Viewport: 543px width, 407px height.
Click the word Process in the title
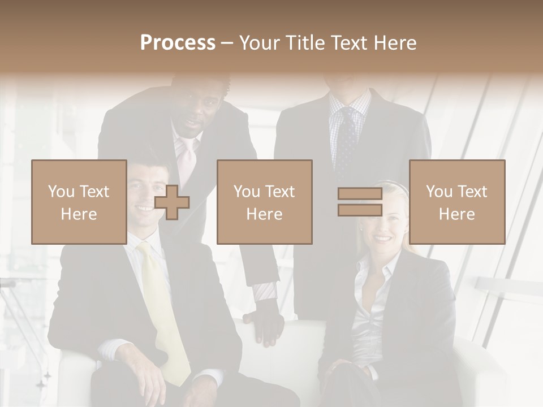178,43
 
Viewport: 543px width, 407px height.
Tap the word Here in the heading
394,43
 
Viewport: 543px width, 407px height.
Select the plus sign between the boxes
172,202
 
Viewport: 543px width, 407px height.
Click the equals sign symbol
360,202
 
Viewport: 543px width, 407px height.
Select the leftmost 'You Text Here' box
79,202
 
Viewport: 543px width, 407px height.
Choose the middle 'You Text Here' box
264,202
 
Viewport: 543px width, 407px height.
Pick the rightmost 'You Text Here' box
456,202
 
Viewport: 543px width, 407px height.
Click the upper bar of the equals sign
360,194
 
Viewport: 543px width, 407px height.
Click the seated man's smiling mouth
145,208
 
